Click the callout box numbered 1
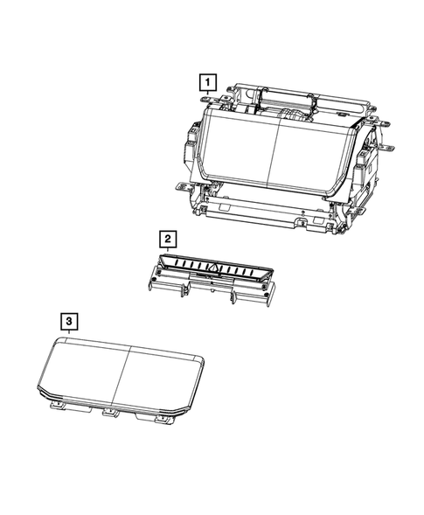pyautogui.click(x=206, y=84)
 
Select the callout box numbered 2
pyautogui.click(x=166, y=238)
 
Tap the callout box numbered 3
pyautogui.click(x=66, y=321)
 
